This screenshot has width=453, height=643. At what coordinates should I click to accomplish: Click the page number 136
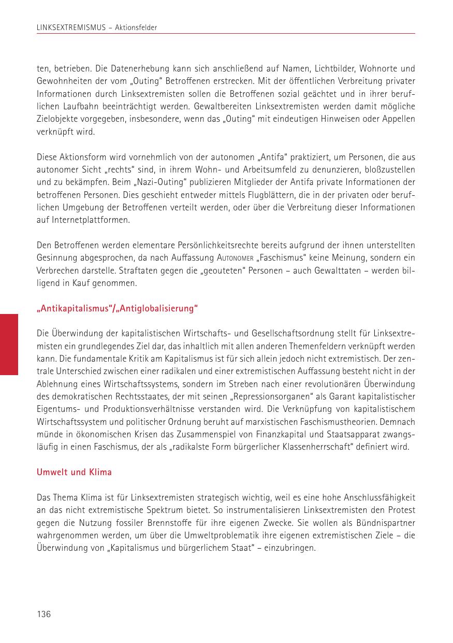click(x=43, y=614)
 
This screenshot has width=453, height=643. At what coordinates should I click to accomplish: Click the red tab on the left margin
click(x=9, y=344)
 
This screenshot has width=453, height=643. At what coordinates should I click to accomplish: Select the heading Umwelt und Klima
click(x=74, y=472)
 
